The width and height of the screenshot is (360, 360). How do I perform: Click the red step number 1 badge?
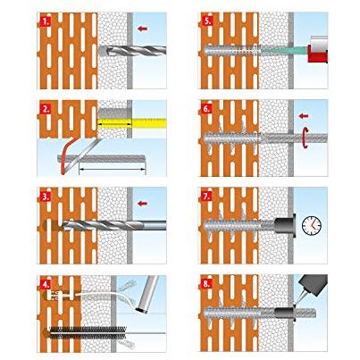[x=46, y=21]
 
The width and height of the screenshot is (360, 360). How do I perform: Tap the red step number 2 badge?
[x=46, y=109]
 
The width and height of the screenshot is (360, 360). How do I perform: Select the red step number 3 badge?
[x=46, y=197]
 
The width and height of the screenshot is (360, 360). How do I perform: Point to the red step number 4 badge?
[x=46, y=284]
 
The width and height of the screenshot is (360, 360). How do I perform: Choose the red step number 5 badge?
[x=206, y=21]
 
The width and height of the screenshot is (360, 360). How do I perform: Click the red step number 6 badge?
[x=206, y=109]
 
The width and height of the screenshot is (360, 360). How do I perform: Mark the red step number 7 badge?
[x=206, y=197]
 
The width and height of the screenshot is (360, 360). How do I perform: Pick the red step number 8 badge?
[x=206, y=284]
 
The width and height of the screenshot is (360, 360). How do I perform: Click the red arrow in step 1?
[x=143, y=29]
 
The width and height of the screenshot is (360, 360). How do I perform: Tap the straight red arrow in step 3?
[x=143, y=204]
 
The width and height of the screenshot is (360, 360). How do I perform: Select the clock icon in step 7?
[x=312, y=226]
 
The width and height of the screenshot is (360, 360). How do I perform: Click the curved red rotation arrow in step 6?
[x=305, y=138]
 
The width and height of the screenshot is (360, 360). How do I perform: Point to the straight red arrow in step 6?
[x=304, y=116]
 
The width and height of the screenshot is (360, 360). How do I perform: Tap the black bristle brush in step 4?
[x=88, y=332]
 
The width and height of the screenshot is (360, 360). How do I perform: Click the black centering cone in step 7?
[x=284, y=225]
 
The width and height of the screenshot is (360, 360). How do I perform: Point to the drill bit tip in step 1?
[x=102, y=51]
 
